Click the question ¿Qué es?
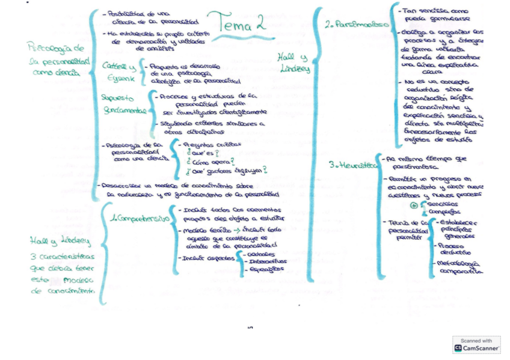click(x=201, y=153)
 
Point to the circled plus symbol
click(x=414, y=206)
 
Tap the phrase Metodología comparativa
click(x=459, y=267)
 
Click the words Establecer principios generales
click(x=461, y=228)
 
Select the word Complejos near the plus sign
click(x=440, y=212)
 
